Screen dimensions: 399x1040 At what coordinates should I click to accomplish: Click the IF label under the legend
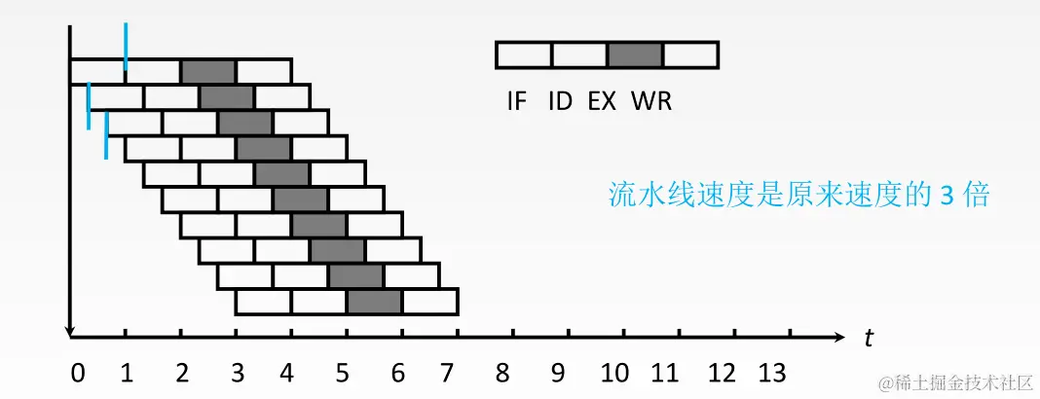point(516,100)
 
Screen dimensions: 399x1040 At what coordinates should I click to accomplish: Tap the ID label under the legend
point(560,100)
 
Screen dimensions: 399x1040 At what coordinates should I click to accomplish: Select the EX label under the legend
point(602,100)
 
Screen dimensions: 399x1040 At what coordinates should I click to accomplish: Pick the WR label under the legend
point(651,100)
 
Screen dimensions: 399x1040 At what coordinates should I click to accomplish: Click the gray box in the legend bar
point(635,54)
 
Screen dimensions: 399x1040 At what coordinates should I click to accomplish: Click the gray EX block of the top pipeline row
point(208,71)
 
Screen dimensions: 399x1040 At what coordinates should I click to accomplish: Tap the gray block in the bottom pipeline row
point(374,303)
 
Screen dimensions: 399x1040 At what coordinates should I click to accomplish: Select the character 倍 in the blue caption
point(975,195)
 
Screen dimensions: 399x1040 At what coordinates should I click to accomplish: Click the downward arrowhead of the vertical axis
point(70,331)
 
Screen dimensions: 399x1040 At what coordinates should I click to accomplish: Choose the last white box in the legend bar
point(690,54)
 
